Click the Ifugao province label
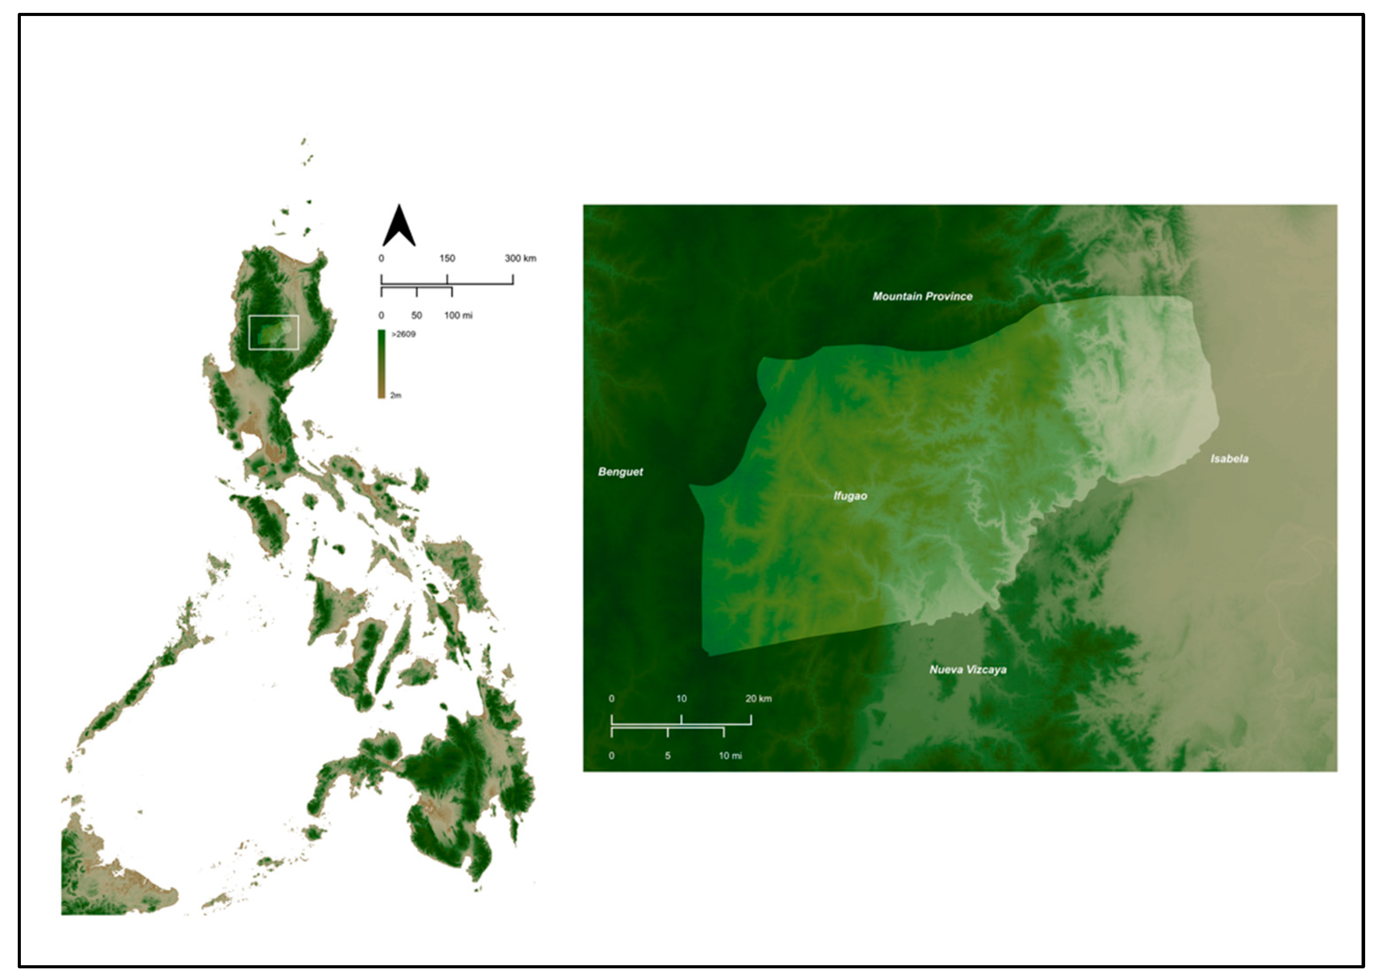[x=850, y=496]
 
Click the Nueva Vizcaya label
[x=967, y=670]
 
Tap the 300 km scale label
[x=520, y=258]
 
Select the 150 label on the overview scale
[x=447, y=258]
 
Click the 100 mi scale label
[x=459, y=315]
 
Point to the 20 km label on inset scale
[x=758, y=699]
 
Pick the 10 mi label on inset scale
[x=730, y=756]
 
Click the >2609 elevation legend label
[x=403, y=334]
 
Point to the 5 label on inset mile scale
[x=668, y=756]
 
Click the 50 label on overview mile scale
[x=416, y=315]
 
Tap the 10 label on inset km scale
[x=681, y=699]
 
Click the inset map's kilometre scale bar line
[x=681, y=724]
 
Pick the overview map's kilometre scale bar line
[x=447, y=283]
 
